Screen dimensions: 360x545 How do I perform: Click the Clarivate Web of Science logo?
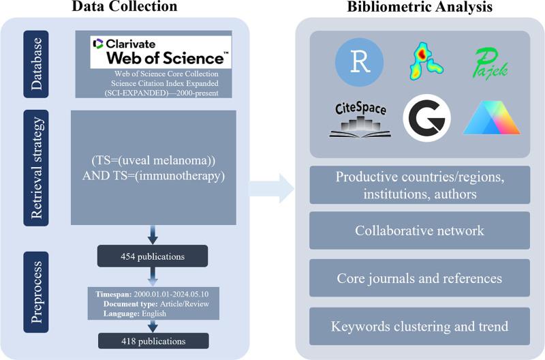[x=161, y=52]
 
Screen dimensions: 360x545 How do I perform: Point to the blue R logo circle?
[x=359, y=63]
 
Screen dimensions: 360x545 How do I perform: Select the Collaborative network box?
[x=420, y=230]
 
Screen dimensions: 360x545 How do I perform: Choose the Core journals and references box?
[x=420, y=278]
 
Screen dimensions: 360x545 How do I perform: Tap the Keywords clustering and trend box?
[x=420, y=326]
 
